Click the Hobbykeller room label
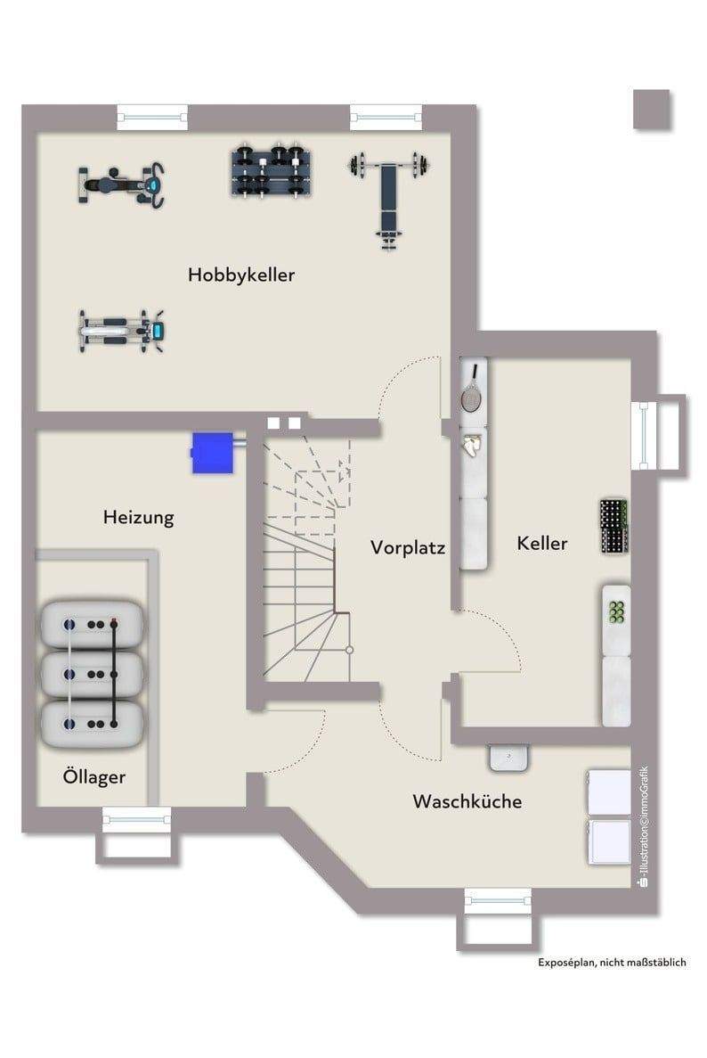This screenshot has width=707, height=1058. pyautogui.click(x=240, y=275)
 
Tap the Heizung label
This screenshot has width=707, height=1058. pyautogui.click(x=138, y=516)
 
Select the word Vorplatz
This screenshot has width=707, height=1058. pyautogui.click(x=408, y=546)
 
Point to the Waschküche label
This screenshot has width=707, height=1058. pyautogui.click(x=467, y=801)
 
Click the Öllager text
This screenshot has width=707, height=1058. pyautogui.click(x=93, y=776)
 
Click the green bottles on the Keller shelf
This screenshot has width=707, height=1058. pyautogui.click(x=615, y=611)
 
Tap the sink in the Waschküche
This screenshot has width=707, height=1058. pyautogui.click(x=509, y=757)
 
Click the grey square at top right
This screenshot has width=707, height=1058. pyautogui.click(x=652, y=109)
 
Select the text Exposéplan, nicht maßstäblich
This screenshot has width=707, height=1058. pyautogui.click(x=611, y=962)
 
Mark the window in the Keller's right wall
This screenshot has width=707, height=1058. pyautogui.click(x=641, y=432)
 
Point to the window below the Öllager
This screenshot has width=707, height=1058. pyautogui.click(x=135, y=815)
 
